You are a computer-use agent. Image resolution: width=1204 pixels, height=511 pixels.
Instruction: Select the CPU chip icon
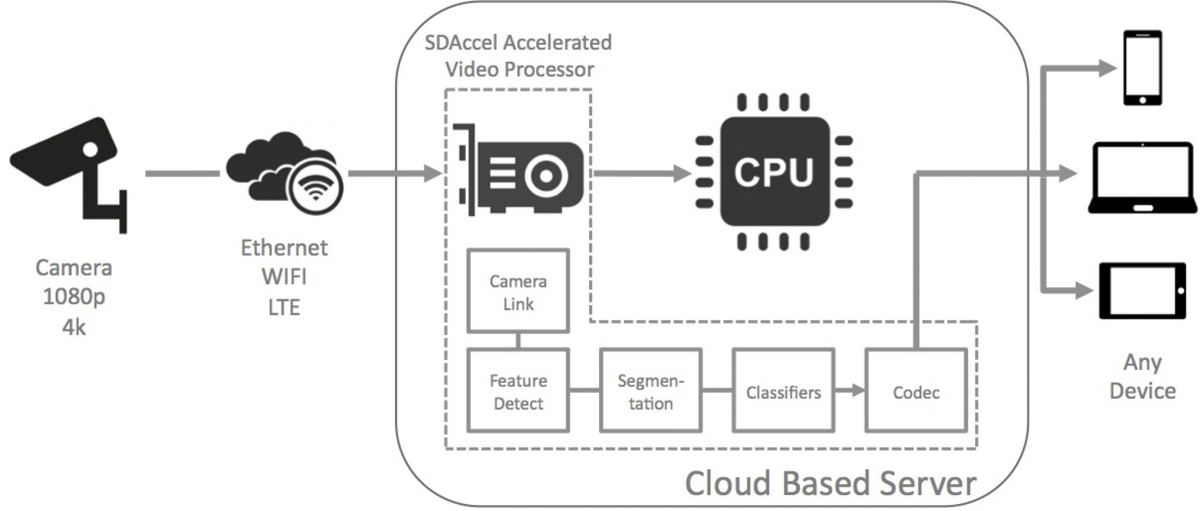click(x=774, y=172)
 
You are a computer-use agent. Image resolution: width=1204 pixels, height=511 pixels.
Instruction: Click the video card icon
click(x=520, y=171)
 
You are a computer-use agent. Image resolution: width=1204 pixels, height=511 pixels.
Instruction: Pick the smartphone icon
click(x=1142, y=68)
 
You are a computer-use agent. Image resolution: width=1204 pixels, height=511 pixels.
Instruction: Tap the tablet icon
click(x=1142, y=290)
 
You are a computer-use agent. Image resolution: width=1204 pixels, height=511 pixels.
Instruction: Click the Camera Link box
click(x=518, y=292)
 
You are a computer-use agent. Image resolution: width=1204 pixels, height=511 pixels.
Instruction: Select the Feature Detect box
click(x=518, y=391)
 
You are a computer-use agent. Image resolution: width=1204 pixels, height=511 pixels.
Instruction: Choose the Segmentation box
click(x=650, y=391)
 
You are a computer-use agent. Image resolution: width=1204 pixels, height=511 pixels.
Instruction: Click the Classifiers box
click(x=783, y=391)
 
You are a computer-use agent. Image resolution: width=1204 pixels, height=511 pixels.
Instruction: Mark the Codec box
click(x=916, y=391)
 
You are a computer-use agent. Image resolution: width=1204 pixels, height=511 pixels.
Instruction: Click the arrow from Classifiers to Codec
click(x=850, y=390)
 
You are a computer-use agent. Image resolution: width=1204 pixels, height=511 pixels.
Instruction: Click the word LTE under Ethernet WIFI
click(x=284, y=307)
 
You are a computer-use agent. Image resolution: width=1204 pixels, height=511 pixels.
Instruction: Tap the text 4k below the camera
click(x=74, y=327)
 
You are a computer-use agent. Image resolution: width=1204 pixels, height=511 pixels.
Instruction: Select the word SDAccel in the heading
click(x=461, y=42)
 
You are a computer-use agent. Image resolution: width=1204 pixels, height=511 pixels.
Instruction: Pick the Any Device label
click(x=1142, y=376)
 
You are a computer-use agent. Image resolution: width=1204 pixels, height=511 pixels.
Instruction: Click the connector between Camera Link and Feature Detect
click(x=518, y=341)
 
